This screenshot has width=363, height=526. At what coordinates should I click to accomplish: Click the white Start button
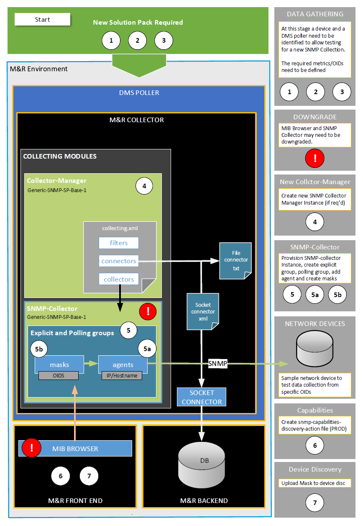(42, 19)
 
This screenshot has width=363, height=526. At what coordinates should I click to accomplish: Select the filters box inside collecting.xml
(119, 243)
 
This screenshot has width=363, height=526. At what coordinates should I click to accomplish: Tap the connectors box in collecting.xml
(119, 261)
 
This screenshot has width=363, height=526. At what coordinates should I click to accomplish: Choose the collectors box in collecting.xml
(119, 279)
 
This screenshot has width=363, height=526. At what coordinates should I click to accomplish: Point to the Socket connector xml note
(203, 311)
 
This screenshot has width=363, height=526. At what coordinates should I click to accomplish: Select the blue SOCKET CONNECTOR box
(202, 397)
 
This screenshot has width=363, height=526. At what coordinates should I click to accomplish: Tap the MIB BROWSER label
(75, 449)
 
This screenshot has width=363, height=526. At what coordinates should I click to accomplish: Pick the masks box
(59, 364)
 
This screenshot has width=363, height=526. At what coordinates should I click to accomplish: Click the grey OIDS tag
(59, 375)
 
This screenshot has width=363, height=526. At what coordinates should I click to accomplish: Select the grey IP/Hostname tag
(122, 375)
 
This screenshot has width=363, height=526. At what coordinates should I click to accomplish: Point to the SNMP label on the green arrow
(217, 364)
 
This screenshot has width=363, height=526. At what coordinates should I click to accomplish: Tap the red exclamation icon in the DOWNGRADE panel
(315, 158)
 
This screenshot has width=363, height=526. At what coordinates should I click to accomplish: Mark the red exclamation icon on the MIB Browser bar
(33, 448)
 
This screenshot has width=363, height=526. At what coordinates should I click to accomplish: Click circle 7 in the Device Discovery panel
(315, 503)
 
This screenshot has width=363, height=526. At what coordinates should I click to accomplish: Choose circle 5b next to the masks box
(40, 350)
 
